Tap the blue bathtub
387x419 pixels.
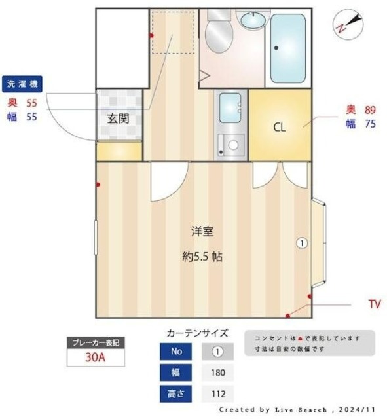pyautogui.click(x=287, y=48)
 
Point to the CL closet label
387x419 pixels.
pyautogui.click(x=280, y=127)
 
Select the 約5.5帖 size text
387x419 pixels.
pyautogui.click(x=202, y=257)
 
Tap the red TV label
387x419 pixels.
pyautogui.click(x=375, y=304)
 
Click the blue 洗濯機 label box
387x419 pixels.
pyautogui.click(x=24, y=84)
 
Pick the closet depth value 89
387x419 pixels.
pyautogui.click(x=369, y=109)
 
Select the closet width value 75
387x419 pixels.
pyautogui.click(x=369, y=124)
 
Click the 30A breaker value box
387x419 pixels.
pyautogui.click(x=95, y=357)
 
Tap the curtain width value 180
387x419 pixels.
pyautogui.click(x=218, y=373)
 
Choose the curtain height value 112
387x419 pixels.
pyautogui.click(x=218, y=394)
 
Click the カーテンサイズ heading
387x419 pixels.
pyautogui.click(x=198, y=333)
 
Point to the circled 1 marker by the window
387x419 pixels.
pyautogui.click(x=301, y=243)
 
